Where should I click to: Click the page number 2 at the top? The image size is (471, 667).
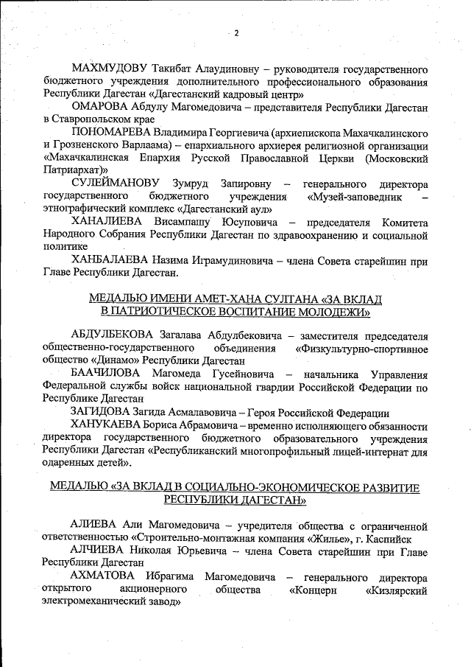tap(237, 32)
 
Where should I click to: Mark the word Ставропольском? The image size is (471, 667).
tap(91, 119)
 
